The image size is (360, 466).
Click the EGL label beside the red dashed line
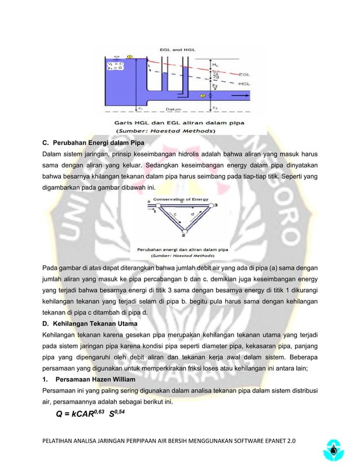tap(245, 74)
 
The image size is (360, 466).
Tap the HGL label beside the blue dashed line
tap(244, 83)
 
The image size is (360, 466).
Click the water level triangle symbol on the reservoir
tap(117, 56)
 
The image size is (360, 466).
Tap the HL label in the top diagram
tap(214, 65)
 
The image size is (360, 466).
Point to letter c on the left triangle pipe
tap(174, 215)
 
